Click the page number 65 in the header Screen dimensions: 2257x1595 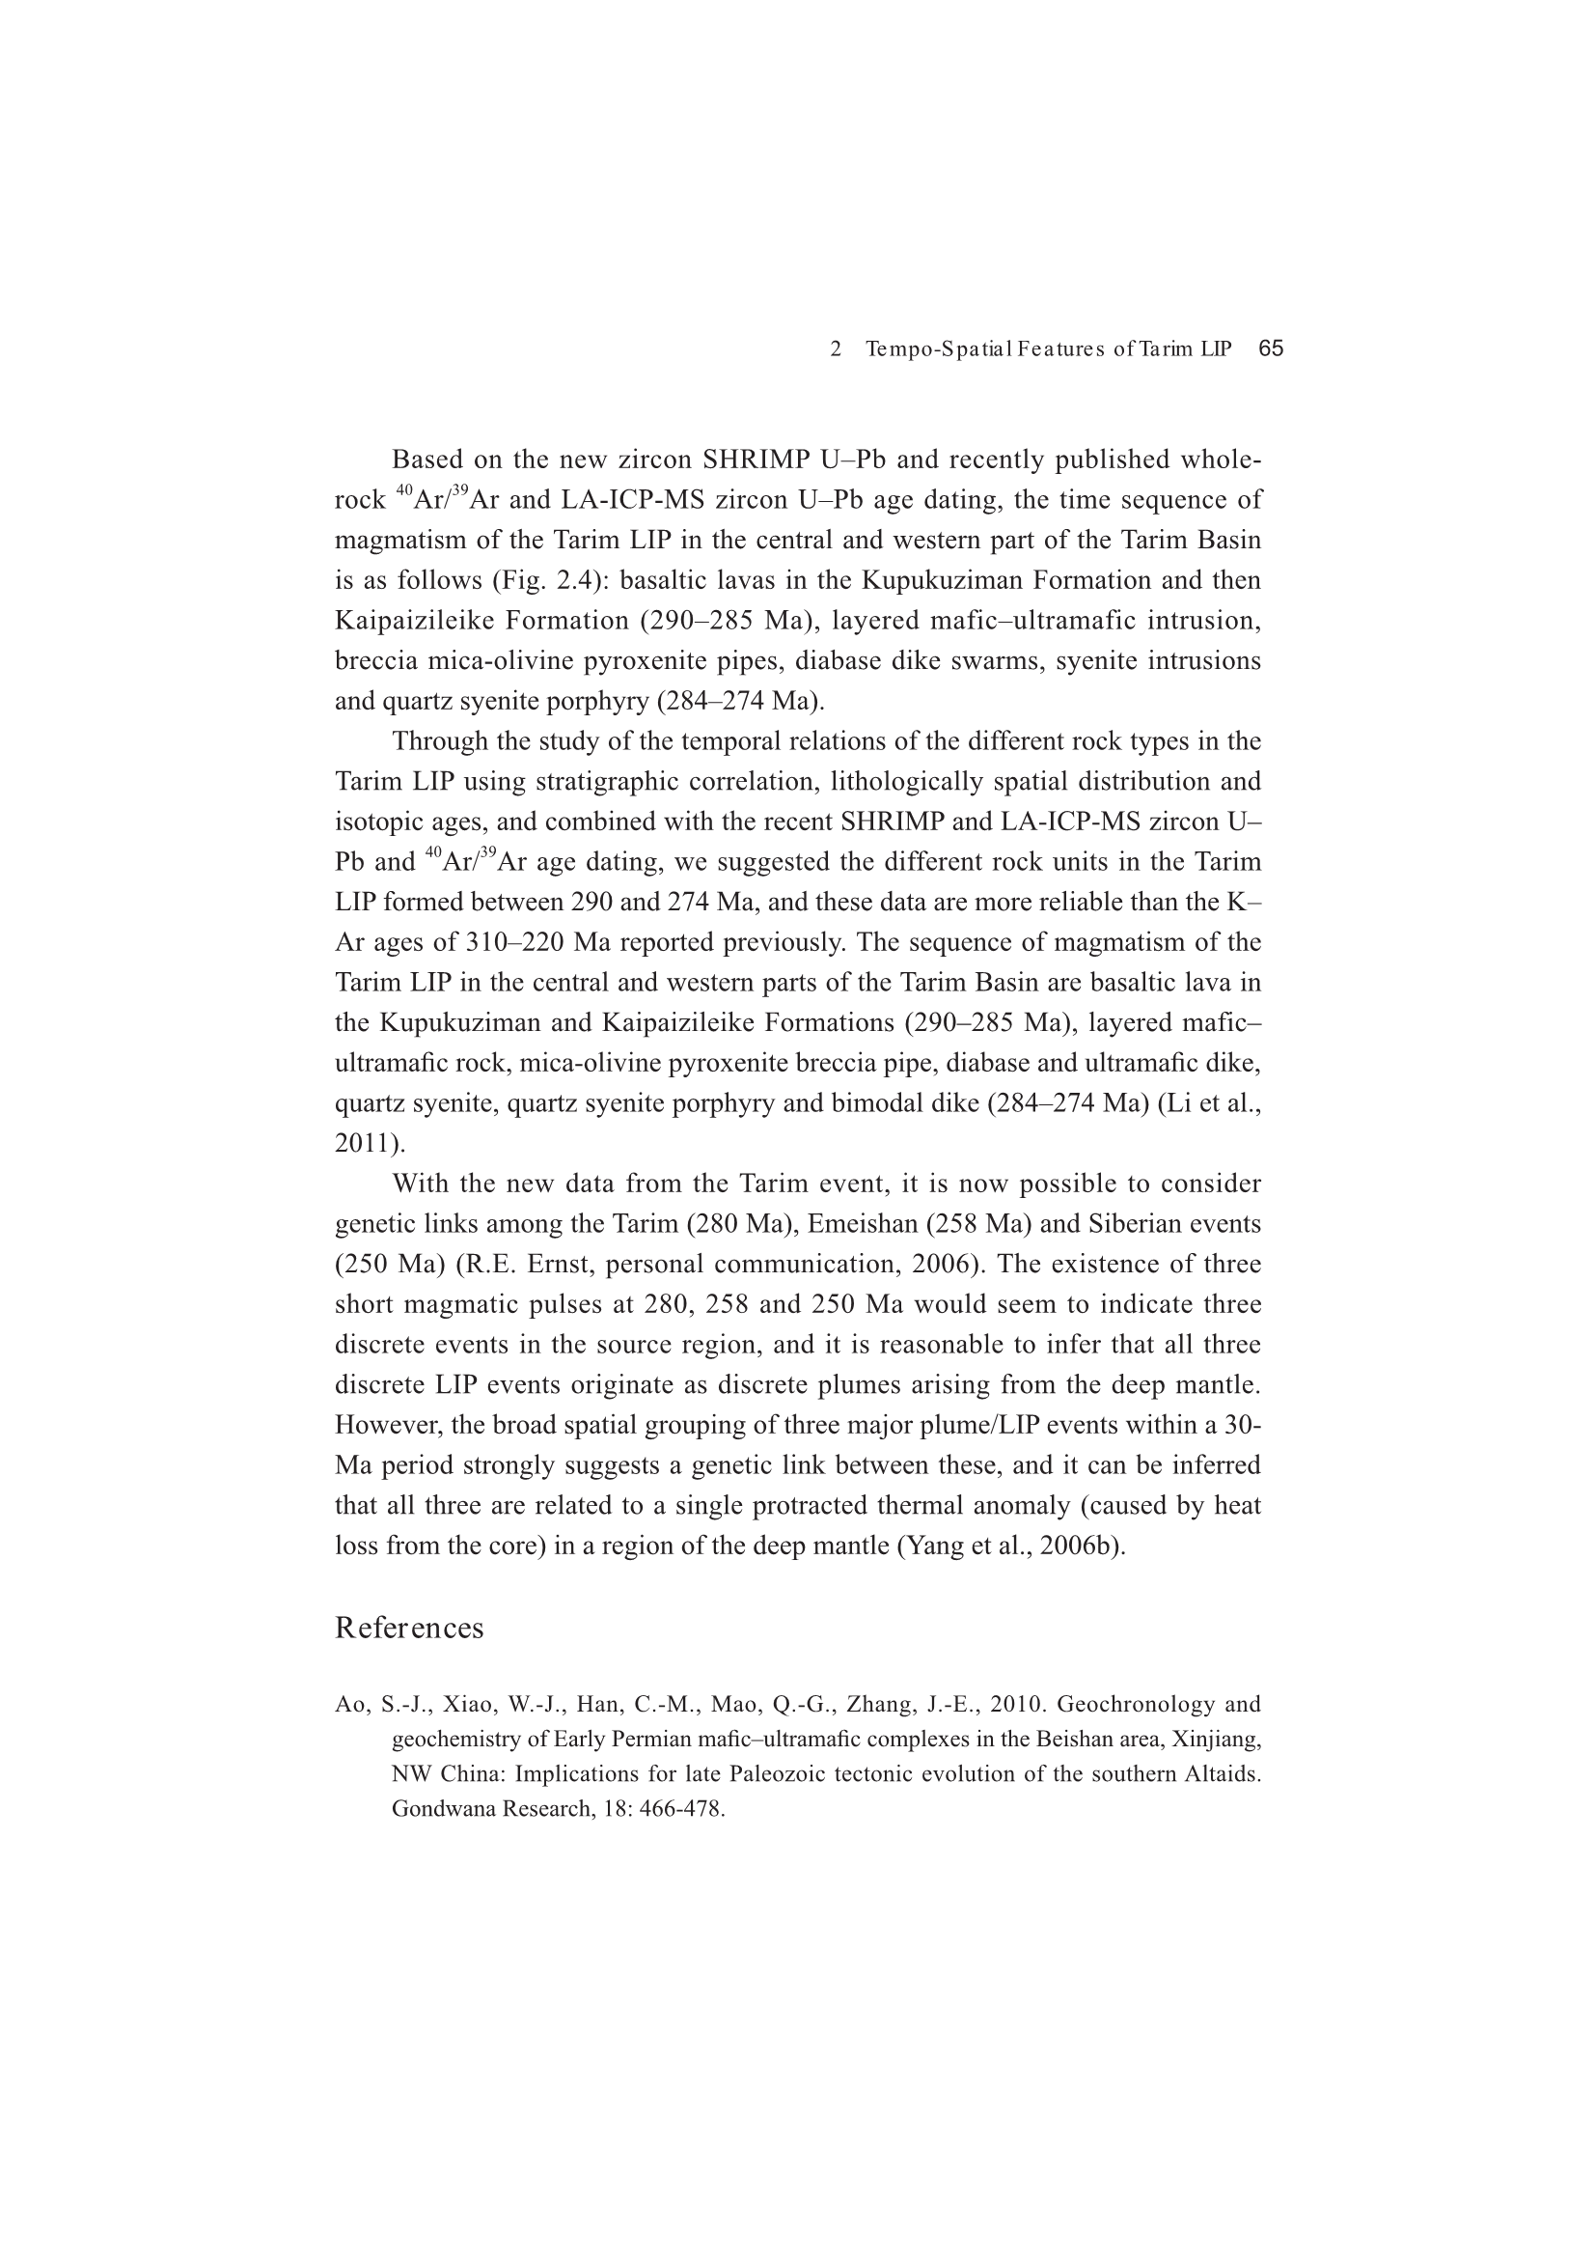[1271, 348]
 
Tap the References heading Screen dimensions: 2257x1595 [409, 1628]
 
